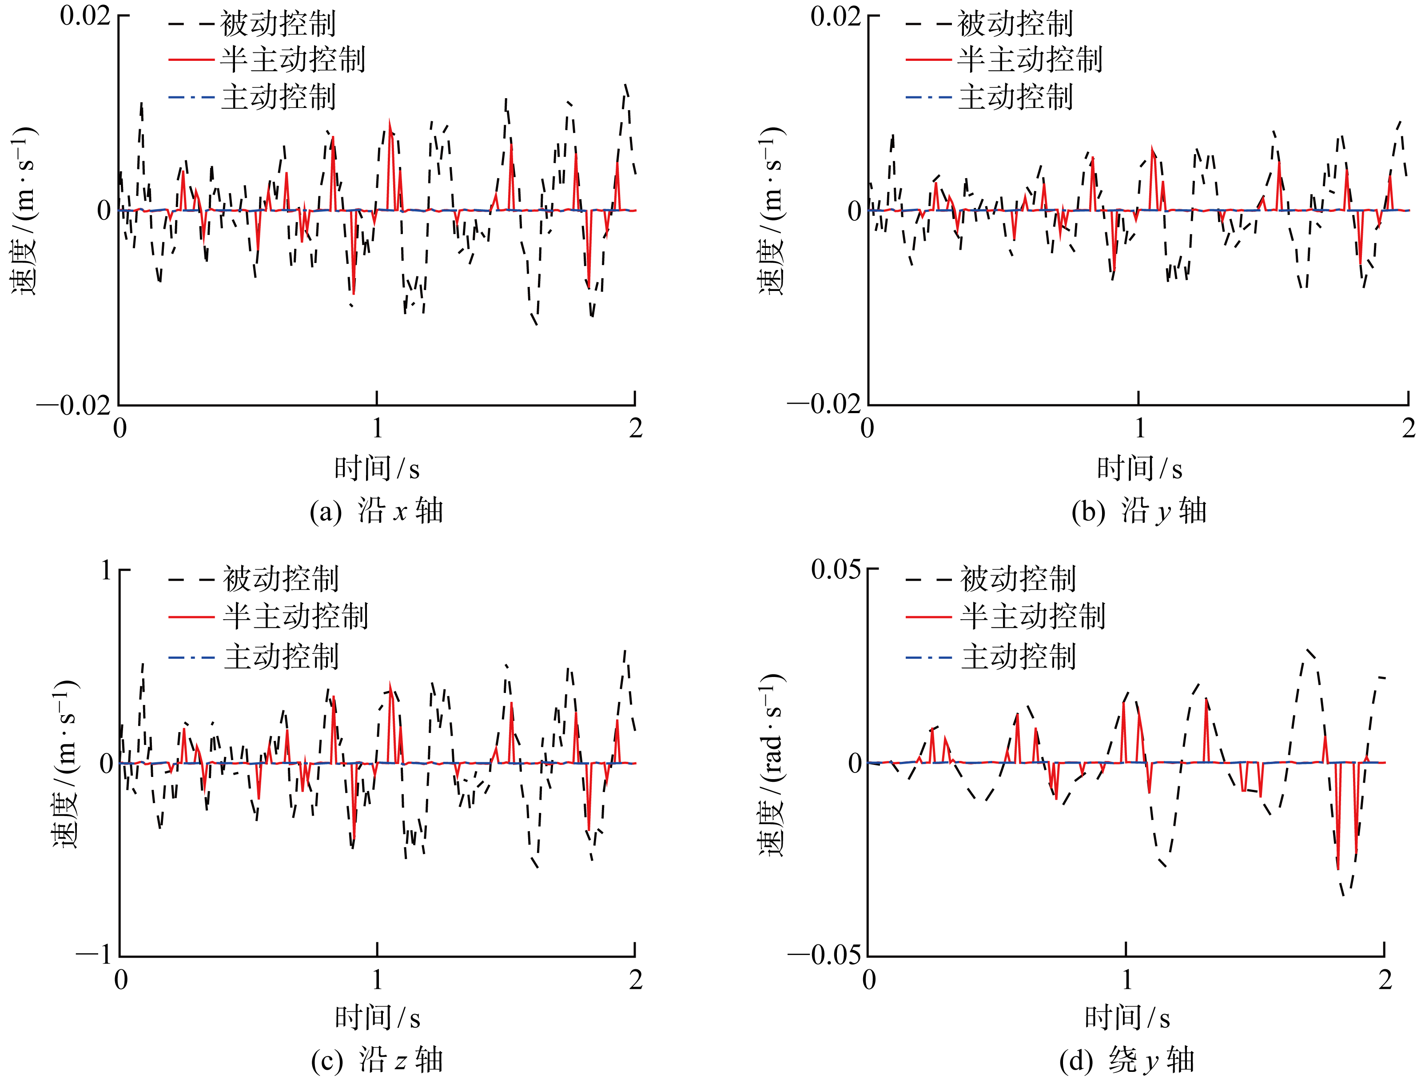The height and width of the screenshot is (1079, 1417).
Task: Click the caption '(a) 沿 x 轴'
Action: point(376,511)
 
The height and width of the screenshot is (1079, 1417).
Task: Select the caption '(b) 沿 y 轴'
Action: point(1139,511)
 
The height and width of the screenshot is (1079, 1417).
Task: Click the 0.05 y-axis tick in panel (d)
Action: point(836,569)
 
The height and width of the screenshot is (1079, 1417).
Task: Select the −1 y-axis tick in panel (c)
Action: point(94,955)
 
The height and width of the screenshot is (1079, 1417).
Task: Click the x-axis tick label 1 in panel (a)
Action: point(377,428)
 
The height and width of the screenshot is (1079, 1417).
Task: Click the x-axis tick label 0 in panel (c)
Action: point(121,980)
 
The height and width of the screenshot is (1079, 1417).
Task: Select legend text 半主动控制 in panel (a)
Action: point(293,60)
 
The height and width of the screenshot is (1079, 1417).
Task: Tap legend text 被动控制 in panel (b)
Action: point(1015,24)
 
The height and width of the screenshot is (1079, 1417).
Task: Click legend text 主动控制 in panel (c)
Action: point(281,657)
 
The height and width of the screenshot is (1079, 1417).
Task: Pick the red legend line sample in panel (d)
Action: point(928,617)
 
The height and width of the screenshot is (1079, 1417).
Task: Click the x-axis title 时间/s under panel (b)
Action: point(1139,469)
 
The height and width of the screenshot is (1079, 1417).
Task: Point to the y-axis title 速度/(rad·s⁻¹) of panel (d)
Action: point(772,764)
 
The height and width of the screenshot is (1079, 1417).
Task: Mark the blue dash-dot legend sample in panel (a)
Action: point(191,98)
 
